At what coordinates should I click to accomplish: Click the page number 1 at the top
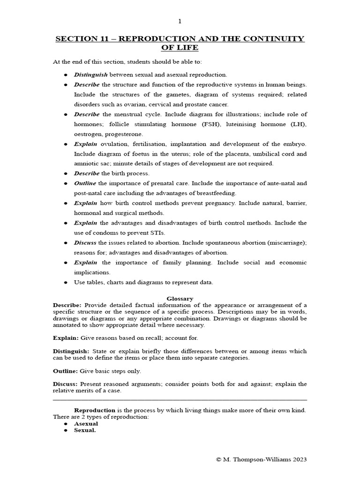pyautogui.click(x=180, y=21)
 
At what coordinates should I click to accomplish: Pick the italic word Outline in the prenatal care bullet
pyautogui.click(x=85, y=183)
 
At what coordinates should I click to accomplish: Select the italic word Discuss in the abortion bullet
pyautogui.click(x=85, y=243)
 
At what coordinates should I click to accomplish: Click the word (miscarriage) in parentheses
pyautogui.click(x=286, y=243)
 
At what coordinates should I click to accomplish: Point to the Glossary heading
pyautogui.click(x=180, y=299)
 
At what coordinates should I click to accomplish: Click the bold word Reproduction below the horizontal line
pyautogui.click(x=95, y=410)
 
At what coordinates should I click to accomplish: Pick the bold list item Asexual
pyautogui.click(x=86, y=424)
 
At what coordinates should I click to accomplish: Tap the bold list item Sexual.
pyautogui.click(x=85, y=430)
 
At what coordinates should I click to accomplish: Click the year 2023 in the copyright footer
pyautogui.click(x=298, y=460)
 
